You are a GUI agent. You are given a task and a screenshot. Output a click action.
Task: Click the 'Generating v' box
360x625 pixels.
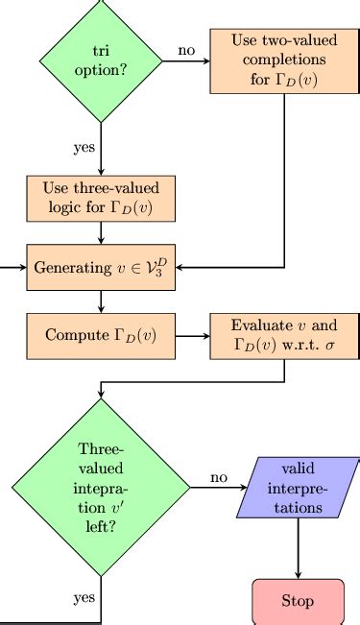click(x=101, y=266)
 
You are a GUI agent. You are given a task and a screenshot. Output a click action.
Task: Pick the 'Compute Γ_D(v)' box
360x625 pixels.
click(x=101, y=335)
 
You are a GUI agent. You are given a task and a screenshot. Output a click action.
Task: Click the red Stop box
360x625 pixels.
click(x=298, y=601)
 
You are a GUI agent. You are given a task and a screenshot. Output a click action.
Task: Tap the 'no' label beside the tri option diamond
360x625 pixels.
click(x=187, y=49)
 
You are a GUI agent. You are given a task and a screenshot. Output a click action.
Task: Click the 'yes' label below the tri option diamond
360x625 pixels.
click(x=84, y=148)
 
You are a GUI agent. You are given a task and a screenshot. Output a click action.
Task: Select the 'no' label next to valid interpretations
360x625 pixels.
click(x=219, y=477)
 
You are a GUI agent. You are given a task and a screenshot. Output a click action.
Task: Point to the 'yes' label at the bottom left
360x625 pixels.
click(x=84, y=598)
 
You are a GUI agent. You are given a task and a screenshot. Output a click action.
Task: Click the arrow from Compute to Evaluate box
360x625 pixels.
click(x=193, y=336)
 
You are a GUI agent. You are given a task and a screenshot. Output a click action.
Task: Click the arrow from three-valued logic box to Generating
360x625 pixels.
click(x=101, y=231)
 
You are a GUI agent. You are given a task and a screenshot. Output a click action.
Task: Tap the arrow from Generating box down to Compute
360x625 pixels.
click(x=101, y=300)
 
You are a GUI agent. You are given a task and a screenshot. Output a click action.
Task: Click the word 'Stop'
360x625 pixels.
click(x=298, y=602)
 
